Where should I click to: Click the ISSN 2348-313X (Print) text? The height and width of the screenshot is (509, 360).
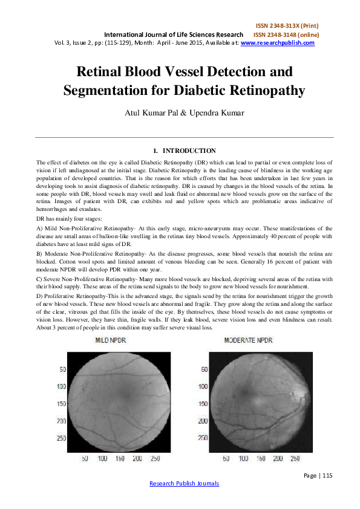tap(287, 26)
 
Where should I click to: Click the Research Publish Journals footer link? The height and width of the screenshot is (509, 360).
tap(184, 483)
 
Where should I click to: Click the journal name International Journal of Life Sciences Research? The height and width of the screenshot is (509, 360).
tap(174, 34)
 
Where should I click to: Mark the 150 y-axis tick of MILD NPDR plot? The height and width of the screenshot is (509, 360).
tap(61, 403)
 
